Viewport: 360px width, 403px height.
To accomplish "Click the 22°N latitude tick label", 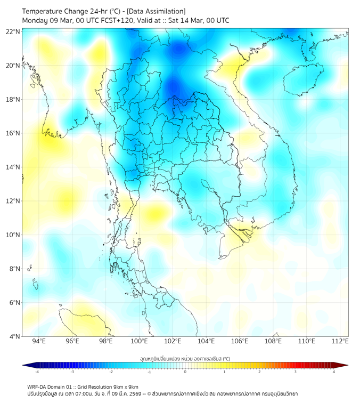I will coord(13,31).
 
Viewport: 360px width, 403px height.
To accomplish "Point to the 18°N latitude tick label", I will coord(13,99).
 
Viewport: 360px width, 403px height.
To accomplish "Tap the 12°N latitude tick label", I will coord(13,201).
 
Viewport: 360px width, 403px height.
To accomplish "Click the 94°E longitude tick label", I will coord(39,341).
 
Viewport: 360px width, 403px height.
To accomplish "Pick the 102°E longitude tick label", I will coord(173,341).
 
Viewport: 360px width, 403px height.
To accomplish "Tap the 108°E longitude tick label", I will coord(273,341).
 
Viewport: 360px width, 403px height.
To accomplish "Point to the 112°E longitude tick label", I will coord(340,341).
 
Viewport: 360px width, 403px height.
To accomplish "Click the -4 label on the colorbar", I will coord(37,372).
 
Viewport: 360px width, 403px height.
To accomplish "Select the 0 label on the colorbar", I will coord(185,372).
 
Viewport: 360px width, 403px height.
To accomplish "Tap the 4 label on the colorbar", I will coord(333,372).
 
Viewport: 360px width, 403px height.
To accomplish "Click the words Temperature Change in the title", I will coord(53,11).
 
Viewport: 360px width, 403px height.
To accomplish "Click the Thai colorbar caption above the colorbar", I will coord(185,358).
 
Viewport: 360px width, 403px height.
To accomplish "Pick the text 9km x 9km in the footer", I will coord(126,386).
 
